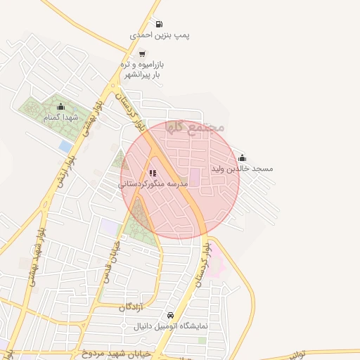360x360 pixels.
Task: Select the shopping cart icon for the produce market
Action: (x=143, y=53)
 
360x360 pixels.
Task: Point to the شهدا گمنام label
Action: (x=59, y=117)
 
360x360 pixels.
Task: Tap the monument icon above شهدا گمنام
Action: (x=60, y=107)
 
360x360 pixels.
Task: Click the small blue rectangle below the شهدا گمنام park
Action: (x=66, y=146)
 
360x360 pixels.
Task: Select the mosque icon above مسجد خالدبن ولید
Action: (x=243, y=158)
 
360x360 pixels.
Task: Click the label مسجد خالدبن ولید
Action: (x=243, y=169)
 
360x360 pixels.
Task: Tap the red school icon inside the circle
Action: (x=153, y=173)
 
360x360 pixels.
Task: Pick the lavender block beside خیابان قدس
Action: (x=110, y=227)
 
